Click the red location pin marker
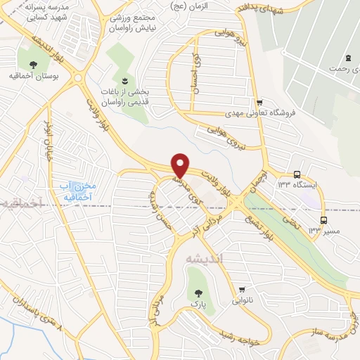[x=181, y=165]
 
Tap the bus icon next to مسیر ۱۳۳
[x=323, y=219]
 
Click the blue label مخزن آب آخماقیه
[x=77, y=190]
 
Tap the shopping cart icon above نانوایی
[x=243, y=288]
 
